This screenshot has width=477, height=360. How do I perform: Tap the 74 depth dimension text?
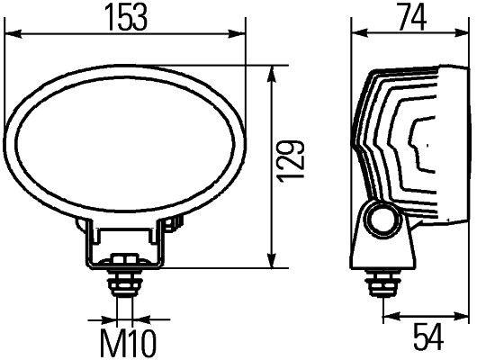pyautogui.click(x=409, y=18)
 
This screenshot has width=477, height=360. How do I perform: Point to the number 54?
pyautogui.click(x=427, y=337)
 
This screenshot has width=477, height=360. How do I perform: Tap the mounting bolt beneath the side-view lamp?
pyautogui.click(x=385, y=283)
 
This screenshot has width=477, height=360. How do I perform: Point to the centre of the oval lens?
pyautogui.click(x=125, y=135)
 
